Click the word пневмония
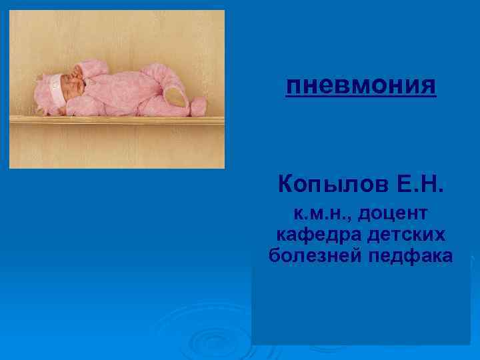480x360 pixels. coord(361,86)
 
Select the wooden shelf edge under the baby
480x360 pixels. coord(117,121)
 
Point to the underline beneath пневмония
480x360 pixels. coord(361,96)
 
